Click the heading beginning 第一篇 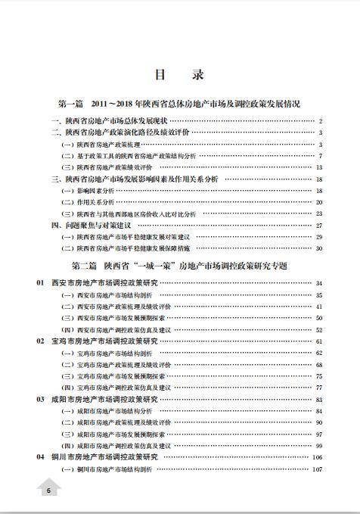[179, 103]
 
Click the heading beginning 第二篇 [179, 266]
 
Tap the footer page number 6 [47, 491]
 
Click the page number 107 [318, 469]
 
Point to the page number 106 [318, 458]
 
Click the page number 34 [319, 283]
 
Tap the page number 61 [319, 341]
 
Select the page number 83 [319, 399]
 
